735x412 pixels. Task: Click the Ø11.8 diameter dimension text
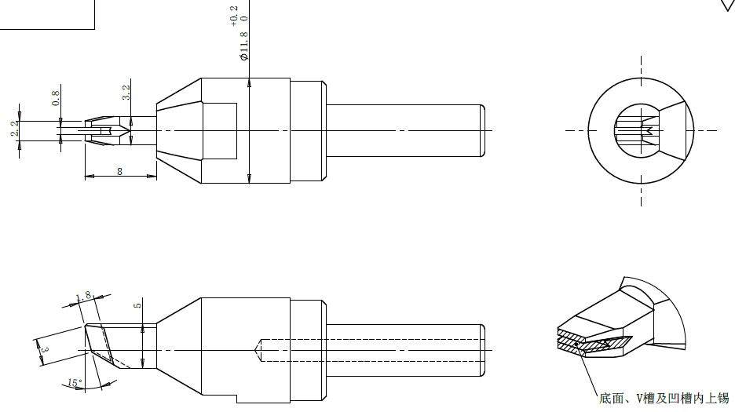(244, 46)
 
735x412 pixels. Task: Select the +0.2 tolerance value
(234, 16)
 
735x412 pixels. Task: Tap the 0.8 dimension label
(56, 98)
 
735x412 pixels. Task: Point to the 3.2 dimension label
(126, 92)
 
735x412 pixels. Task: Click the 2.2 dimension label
(15, 128)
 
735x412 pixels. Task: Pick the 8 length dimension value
(119, 172)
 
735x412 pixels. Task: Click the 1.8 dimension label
(83, 297)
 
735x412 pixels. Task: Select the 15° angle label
(74, 383)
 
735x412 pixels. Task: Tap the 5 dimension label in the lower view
(137, 305)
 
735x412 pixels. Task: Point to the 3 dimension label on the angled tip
(45, 350)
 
